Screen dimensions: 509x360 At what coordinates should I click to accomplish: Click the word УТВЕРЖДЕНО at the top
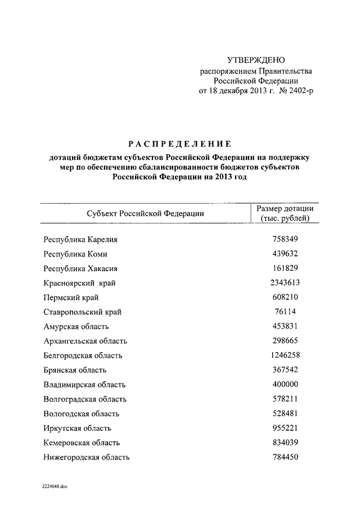click(256, 60)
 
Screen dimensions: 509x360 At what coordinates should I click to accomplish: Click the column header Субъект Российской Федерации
click(145, 213)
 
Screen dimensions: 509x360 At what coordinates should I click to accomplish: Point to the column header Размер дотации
click(285, 209)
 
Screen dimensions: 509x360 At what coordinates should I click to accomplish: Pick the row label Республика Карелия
click(80, 240)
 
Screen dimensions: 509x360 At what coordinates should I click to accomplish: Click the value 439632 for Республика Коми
click(285, 254)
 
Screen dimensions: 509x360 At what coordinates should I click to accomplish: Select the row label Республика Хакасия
click(80, 268)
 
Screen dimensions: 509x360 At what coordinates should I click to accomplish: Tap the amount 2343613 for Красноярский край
click(285, 282)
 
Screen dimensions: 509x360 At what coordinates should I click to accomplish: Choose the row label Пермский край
click(71, 298)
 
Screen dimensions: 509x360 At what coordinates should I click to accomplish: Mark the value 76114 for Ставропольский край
click(285, 312)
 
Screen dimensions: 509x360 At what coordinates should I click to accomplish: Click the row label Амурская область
click(76, 326)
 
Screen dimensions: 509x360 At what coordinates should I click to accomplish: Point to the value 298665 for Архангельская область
click(285, 341)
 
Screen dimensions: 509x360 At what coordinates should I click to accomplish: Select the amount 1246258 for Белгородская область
click(285, 355)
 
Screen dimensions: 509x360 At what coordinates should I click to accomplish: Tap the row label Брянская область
click(75, 370)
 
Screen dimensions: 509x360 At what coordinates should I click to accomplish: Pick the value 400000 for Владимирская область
click(285, 385)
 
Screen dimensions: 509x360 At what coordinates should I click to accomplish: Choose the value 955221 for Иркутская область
click(285, 428)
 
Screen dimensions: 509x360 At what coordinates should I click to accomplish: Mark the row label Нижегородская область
click(87, 457)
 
